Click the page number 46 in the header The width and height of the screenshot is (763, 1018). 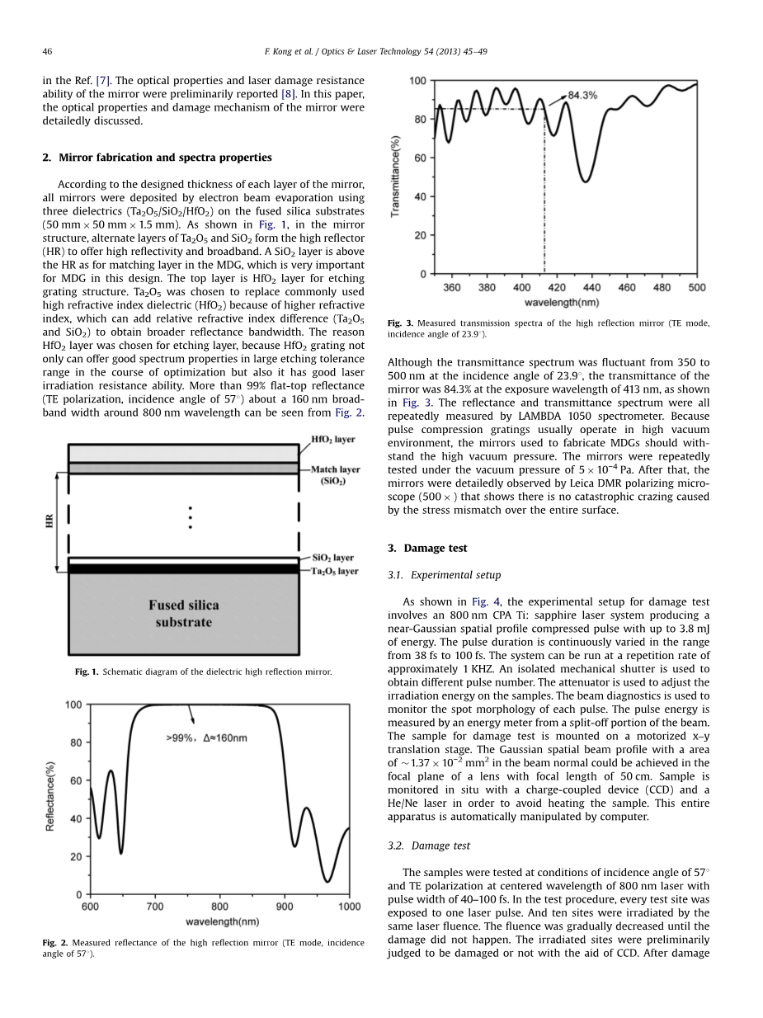tap(47, 51)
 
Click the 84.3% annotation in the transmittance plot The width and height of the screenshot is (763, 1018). tap(582, 96)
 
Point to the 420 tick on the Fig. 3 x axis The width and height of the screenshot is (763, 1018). tap(557, 287)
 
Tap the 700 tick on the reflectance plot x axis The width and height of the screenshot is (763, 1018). tap(154, 907)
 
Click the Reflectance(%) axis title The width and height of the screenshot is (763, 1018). tap(50, 796)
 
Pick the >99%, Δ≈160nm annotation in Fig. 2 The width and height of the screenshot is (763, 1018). tap(206, 737)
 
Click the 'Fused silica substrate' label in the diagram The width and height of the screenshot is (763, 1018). tap(183, 614)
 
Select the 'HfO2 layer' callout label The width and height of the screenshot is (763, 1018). tap(332, 440)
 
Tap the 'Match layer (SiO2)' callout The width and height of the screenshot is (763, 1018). tap(335, 475)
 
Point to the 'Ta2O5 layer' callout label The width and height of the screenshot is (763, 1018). tap(334, 571)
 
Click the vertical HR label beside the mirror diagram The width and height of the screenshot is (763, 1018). tap(50, 521)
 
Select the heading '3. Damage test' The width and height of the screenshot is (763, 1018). tap(427, 548)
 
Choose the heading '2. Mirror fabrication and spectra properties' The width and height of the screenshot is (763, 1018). tap(157, 158)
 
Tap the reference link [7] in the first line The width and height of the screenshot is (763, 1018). tap(103, 81)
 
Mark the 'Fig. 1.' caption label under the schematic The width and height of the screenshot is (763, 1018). tap(87, 672)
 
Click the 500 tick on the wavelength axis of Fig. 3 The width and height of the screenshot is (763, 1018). tap(697, 287)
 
